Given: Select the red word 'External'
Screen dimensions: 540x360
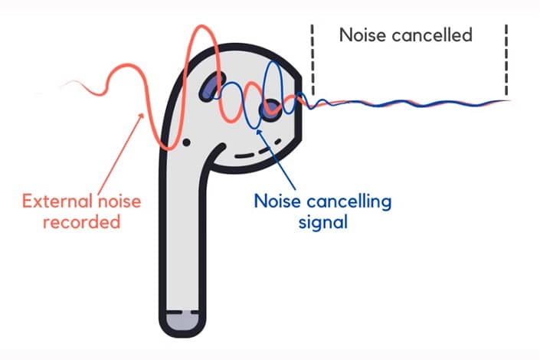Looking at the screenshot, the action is (x=57, y=201).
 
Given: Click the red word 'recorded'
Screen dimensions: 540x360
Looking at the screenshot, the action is (x=82, y=222).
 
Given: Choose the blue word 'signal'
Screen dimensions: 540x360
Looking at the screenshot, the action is (x=323, y=223).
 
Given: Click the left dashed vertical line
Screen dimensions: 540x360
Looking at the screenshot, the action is (x=313, y=60).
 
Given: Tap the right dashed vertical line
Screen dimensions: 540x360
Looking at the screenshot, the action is (x=506, y=60).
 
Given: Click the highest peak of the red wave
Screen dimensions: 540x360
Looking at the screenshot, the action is (x=201, y=26).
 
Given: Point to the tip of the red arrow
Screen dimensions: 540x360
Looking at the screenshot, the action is (x=143, y=113).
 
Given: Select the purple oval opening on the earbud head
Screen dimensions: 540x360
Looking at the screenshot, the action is (x=212, y=87).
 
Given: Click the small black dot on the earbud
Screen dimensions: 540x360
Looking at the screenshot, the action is (x=186, y=142).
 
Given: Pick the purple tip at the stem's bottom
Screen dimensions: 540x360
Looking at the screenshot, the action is (x=182, y=321).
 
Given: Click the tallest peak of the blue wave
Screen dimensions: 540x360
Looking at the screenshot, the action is (x=273, y=62).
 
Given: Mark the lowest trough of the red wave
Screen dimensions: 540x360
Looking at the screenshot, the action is (x=169, y=149).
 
